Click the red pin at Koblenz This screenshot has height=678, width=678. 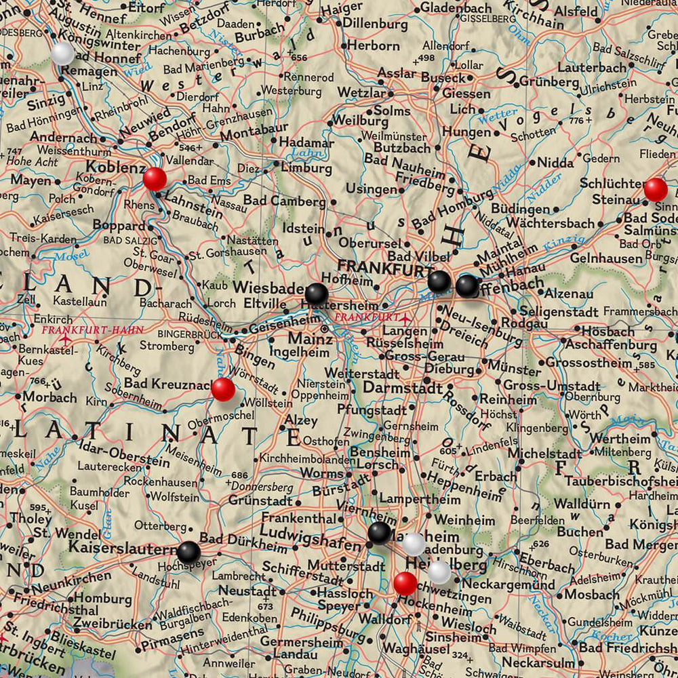click(x=155, y=179)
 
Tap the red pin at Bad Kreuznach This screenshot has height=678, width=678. click(x=223, y=389)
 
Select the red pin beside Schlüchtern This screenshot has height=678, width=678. click(x=655, y=189)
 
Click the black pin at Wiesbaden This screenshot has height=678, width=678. click(x=316, y=294)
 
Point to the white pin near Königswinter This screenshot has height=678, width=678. click(x=62, y=53)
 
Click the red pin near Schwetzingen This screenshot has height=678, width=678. click(x=405, y=582)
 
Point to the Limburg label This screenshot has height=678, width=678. click(x=302, y=167)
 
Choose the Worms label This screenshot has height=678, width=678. click(x=321, y=473)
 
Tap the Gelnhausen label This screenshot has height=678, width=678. click(x=606, y=258)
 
